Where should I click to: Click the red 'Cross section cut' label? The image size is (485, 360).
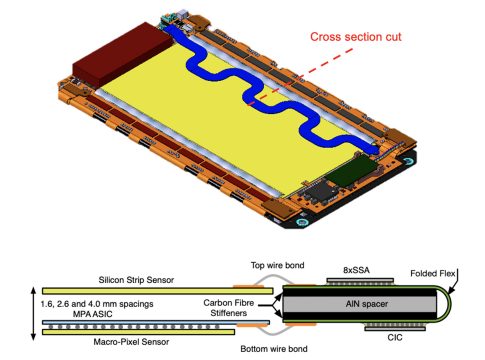pos(356,37)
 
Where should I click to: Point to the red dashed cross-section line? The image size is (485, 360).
pos(302,77)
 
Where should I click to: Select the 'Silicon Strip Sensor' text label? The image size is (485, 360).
pos(136,280)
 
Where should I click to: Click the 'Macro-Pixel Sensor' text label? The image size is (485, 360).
pos(131,342)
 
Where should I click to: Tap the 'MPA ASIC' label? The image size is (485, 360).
pos(92,314)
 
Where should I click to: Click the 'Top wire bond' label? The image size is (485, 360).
pos(277,265)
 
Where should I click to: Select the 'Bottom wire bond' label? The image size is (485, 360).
pos(274,349)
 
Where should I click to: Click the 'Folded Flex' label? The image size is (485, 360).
pos(433,274)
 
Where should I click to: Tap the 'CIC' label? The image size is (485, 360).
pos(395,337)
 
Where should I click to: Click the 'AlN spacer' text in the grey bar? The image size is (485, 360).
pos(367,304)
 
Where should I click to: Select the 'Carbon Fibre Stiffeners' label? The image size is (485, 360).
pos(229,308)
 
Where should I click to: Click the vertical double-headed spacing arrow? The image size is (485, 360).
pos(33,314)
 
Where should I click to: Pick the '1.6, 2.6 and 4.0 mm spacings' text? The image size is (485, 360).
pos(97,304)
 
